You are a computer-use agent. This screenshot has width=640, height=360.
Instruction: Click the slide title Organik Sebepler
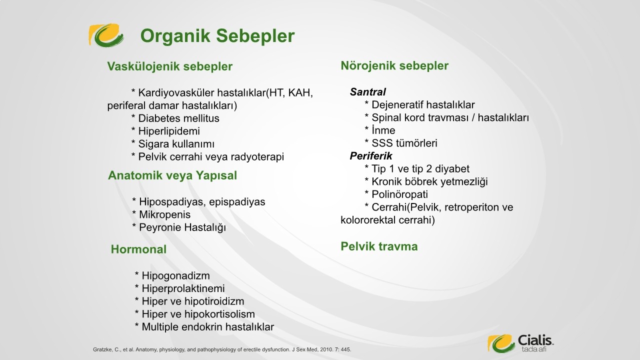click(x=217, y=36)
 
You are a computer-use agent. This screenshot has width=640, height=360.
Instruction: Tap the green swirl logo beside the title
click(x=106, y=35)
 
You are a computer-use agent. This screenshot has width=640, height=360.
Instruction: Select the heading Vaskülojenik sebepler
click(x=169, y=66)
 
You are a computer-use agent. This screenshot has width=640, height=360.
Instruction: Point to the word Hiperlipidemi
click(x=169, y=131)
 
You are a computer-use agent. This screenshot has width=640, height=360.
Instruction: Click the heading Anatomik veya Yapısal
click(x=172, y=175)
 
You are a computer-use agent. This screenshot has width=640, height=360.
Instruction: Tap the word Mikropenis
click(x=164, y=214)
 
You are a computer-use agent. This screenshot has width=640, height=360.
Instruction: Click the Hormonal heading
click(x=138, y=249)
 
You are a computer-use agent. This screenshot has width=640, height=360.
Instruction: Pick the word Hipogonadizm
click(x=175, y=275)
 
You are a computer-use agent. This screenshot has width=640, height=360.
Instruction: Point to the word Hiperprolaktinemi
click(x=183, y=288)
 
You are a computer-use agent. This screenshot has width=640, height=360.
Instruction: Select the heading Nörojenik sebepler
click(x=394, y=65)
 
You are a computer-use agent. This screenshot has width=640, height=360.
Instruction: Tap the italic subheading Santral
click(x=367, y=92)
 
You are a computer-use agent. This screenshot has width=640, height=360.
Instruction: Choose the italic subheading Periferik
click(x=371, y=156)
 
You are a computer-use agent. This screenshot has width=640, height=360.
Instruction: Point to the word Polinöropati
click(x=399, y=194)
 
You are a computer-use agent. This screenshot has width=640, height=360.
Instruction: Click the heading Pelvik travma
click(x=379, y=246)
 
